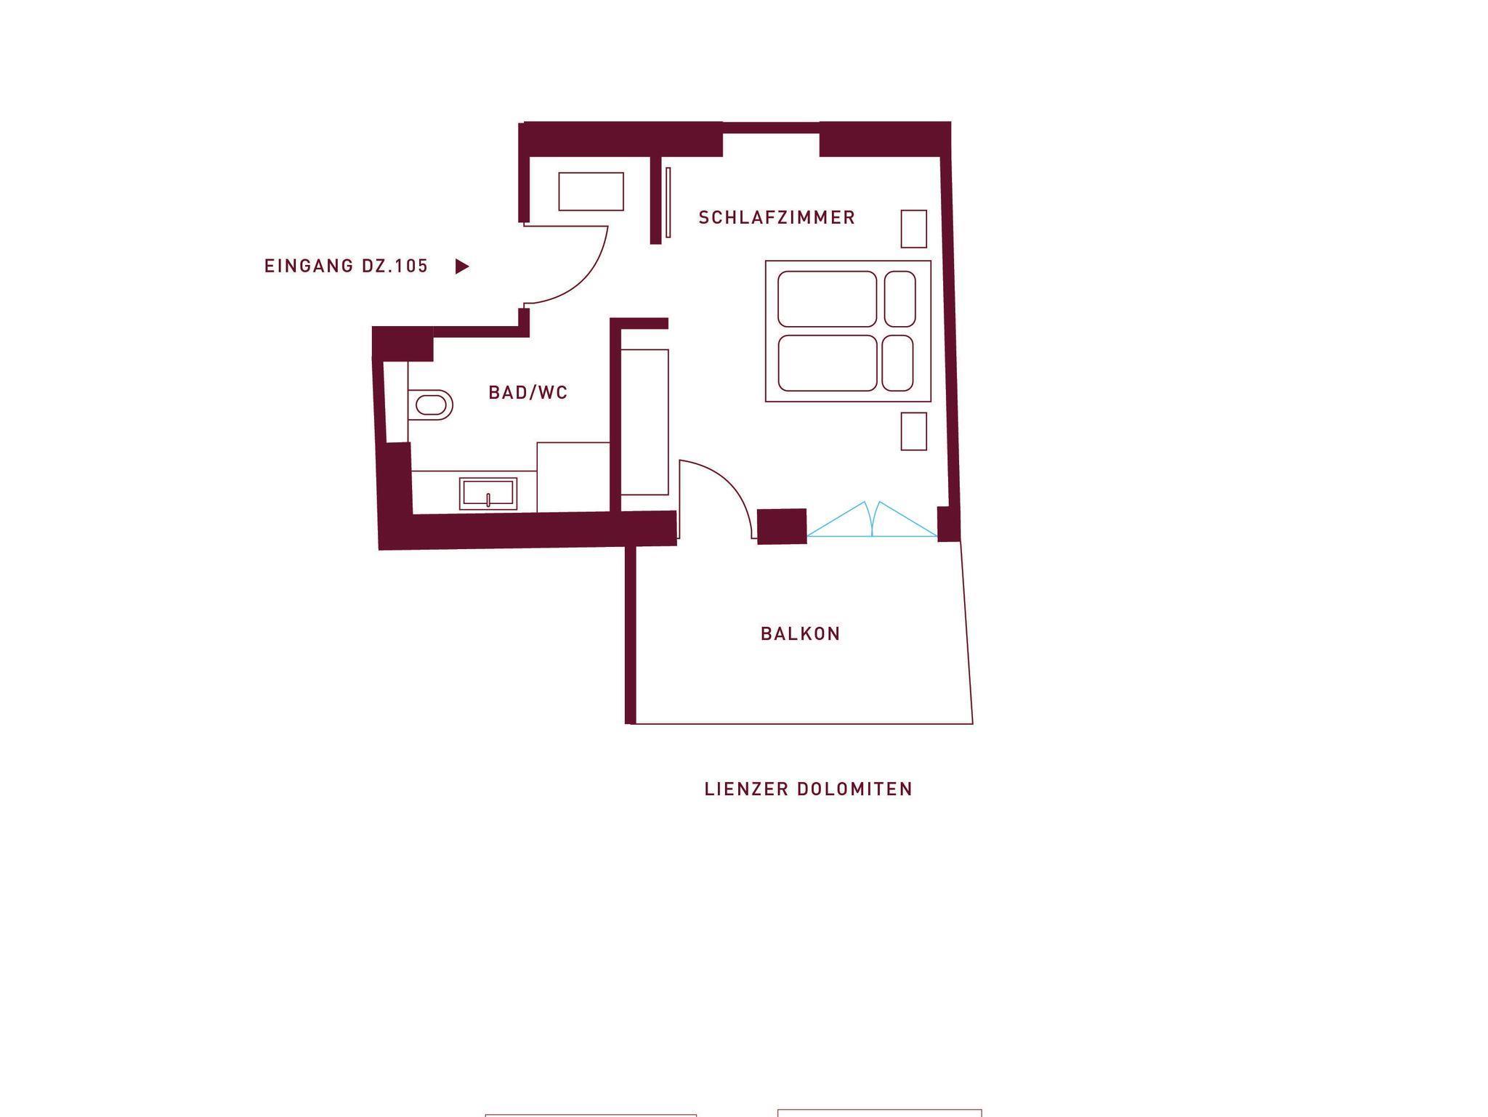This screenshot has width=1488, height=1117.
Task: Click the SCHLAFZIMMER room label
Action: (777, 217)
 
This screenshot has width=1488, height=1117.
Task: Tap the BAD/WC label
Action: (528, 392)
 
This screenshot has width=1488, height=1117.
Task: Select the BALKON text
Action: (801, 633)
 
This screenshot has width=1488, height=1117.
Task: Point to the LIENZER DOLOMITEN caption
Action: (809, 789)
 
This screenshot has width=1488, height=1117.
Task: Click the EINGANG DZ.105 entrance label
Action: (347, 266)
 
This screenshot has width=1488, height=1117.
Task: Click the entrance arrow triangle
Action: (462, 267)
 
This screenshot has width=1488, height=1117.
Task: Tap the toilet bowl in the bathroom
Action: (431, 405)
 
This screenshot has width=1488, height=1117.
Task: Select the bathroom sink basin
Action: (488, 494)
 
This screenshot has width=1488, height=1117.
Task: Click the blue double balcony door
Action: (872, 519)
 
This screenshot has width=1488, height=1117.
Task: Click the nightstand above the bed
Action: (914, 229)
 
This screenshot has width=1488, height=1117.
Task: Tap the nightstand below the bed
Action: (914, 431)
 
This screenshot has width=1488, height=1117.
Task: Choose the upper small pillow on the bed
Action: (899, 299)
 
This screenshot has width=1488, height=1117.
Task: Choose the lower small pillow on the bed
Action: (898, 363)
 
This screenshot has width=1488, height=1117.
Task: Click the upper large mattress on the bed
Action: (828, 299)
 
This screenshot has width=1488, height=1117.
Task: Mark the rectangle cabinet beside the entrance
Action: (591, 192)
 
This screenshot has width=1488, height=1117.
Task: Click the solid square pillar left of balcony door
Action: (782, 526)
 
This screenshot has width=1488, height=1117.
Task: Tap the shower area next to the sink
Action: (573, 477)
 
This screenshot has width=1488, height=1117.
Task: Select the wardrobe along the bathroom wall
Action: (644, 422)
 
